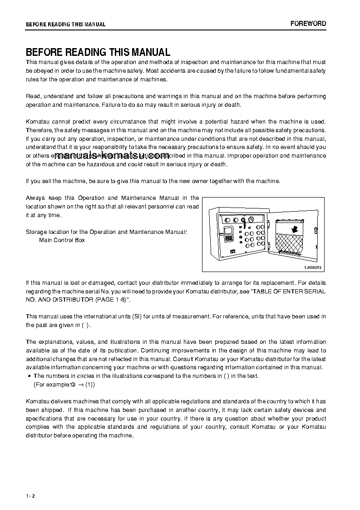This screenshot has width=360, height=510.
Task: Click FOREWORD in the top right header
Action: [308, 24]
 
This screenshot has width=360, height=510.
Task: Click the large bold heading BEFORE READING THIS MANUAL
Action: [98, 52]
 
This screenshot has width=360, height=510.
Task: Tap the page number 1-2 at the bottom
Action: [30, 496]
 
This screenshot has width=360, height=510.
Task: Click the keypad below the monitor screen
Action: [230, 238]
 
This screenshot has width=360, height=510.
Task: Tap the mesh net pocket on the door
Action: [291, 245]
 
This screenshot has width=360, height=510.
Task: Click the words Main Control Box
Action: [62, 240]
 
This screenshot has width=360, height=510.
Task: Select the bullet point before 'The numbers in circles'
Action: [29, 376]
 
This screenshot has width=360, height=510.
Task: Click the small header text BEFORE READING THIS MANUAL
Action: [65, 25]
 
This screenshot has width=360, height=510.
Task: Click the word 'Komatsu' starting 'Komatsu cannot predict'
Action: [37, 122]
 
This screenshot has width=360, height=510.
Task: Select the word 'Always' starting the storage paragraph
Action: [35, 198]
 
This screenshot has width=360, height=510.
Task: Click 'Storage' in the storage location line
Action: [36, 232]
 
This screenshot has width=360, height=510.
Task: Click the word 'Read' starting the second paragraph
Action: [33, 96]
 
